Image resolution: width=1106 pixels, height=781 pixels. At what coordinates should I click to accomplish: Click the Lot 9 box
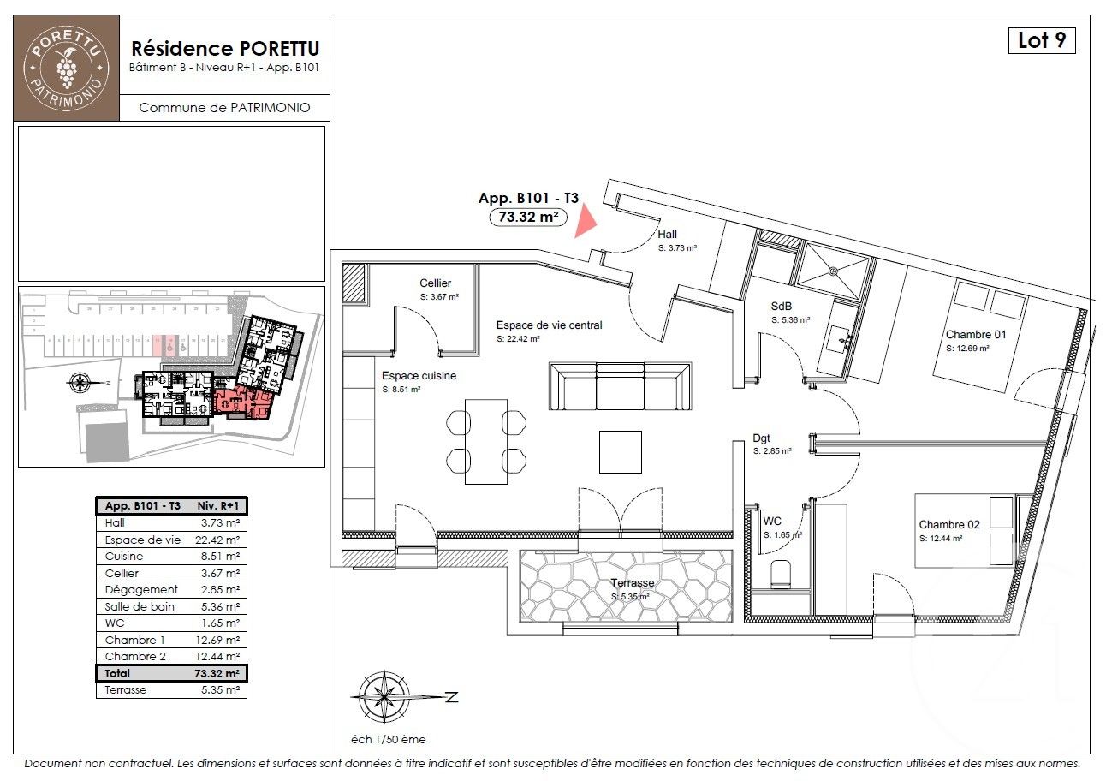pos(1041,40)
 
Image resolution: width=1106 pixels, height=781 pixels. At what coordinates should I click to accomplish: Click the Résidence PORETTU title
pos(225,49)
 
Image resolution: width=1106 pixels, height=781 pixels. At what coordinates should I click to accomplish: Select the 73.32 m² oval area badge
pos(528,217)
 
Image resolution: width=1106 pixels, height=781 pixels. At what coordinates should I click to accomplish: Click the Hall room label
pos(668,234)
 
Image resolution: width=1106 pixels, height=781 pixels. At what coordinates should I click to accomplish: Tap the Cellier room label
pos(435,283)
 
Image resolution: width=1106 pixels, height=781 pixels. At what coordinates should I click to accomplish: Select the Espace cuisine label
pos(419,375)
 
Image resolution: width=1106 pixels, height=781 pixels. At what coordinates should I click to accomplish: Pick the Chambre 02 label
pos(948,524)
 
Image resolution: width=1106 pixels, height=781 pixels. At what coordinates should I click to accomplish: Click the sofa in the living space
pos(620,388)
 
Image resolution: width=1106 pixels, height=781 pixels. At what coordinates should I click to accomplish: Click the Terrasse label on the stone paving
pos(632,583)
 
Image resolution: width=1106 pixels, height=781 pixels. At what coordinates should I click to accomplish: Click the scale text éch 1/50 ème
pos(389,740)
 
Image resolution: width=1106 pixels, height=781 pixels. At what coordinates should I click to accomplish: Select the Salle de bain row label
pos(140,606)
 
